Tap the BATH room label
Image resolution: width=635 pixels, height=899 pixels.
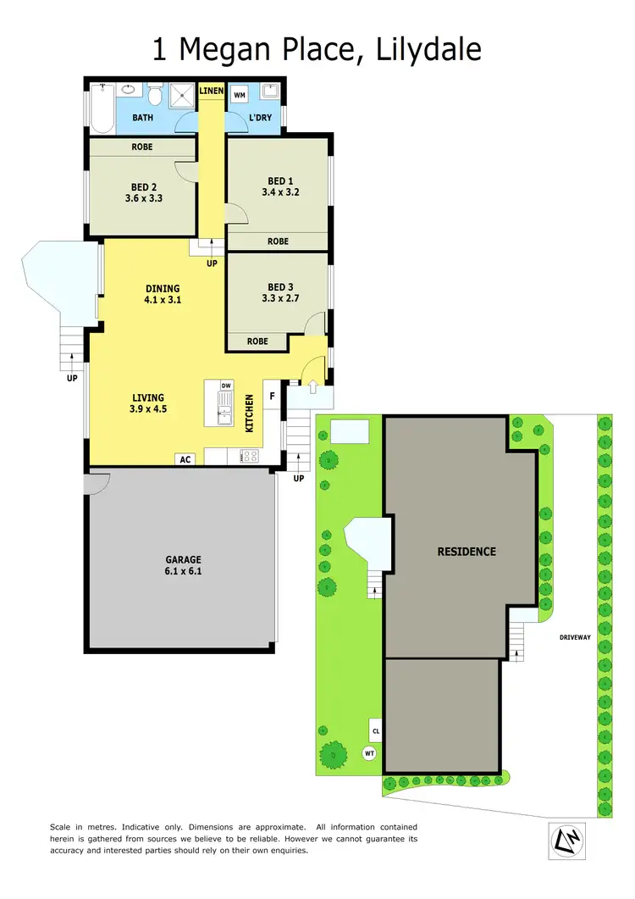[142, 118]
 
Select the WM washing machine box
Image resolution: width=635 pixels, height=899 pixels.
[240, 96]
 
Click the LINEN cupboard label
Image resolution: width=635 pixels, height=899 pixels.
[212, 90]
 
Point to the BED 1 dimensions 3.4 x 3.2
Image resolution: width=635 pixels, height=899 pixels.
[280, 192]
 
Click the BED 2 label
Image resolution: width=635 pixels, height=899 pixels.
[143, 187]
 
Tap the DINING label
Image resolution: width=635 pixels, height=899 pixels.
[163, 288]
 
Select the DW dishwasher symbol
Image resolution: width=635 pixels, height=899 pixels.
[226, 386]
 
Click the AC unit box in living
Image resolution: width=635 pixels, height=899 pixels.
[185, 459]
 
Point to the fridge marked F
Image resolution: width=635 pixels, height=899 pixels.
[272, 396]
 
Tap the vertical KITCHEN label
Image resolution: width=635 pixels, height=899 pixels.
[250, 413]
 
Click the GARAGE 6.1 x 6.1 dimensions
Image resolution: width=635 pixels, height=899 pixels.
[183, 571]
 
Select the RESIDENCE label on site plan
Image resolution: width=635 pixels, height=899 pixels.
[467, 552]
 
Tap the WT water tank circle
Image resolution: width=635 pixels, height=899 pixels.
[369, 752]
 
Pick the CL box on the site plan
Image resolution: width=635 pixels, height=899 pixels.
[376, 728]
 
